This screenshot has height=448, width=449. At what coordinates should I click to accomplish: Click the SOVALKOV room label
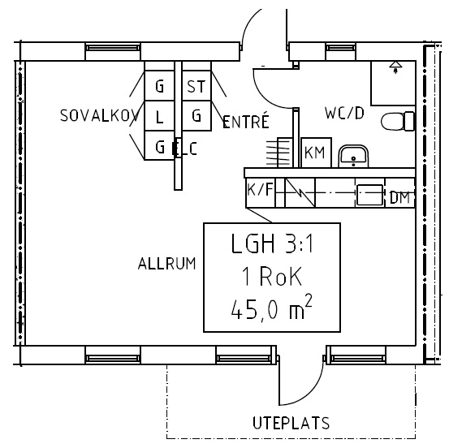(99, 115)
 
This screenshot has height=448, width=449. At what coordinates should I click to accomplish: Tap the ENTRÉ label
(246, 121)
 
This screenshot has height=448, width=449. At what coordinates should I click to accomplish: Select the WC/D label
(344, 113)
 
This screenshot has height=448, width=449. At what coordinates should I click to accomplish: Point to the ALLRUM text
(167, 263)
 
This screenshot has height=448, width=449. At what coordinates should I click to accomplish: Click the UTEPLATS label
(291, 423)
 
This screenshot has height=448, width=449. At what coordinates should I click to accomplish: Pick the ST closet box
(196, 85)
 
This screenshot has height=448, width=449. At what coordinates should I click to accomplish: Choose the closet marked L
(159, 115)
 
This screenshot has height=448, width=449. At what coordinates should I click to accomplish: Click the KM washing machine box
(316, 153)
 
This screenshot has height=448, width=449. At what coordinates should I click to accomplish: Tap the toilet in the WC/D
(398, 122)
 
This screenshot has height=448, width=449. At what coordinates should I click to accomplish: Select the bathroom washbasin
(353, 157)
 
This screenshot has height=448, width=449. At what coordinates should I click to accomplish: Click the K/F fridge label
(261, 189)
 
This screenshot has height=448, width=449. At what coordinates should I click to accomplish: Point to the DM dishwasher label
(400, 197)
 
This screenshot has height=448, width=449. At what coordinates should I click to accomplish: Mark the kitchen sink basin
(369, 195)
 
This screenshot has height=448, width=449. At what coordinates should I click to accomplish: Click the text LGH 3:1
(272, 244)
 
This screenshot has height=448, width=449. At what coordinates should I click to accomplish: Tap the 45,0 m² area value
(271, 308)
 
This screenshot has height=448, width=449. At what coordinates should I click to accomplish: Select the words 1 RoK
(272, 276)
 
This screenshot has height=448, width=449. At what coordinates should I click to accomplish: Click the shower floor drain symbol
(395, 67)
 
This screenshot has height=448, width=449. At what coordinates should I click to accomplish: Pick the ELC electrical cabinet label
(185, 149)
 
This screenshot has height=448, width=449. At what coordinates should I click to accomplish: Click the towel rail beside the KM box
(278, 153)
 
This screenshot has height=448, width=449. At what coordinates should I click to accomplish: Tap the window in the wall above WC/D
(341, 48)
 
